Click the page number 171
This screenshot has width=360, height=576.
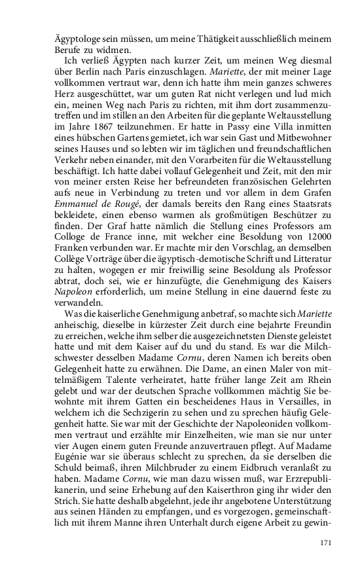pos(325,543)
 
